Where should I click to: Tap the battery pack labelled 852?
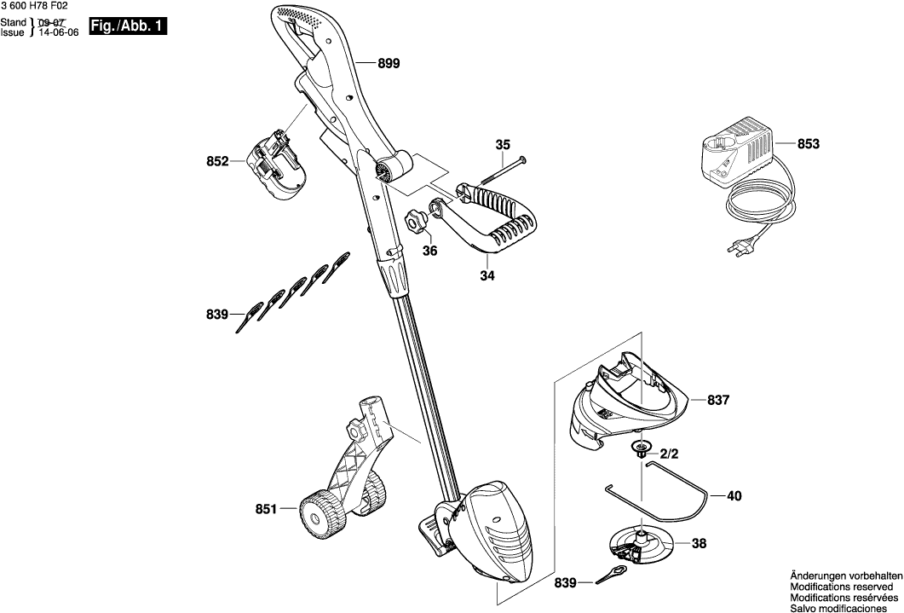point(274,166)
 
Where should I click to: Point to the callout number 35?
point(502,145)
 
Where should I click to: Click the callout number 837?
point(719,399)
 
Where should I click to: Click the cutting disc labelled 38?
point(640,543)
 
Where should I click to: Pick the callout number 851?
point(267,509)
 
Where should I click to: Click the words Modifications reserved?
point(844,587)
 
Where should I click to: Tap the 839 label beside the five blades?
point(218,315)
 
